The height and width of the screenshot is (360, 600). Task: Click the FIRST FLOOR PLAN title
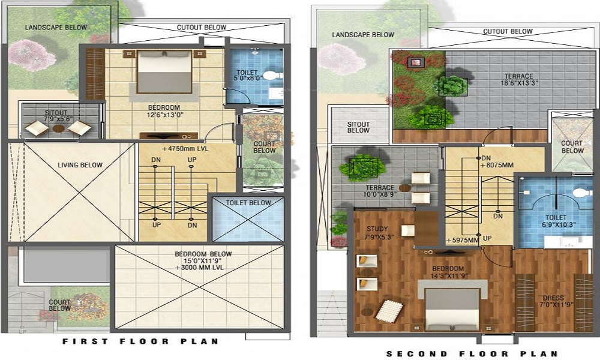(140, 341)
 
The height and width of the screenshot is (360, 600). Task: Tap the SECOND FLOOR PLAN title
(472, 353)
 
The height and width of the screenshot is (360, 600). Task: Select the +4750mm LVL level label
(185, 148)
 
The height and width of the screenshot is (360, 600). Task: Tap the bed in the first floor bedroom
(165, 72)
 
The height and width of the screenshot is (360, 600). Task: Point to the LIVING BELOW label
(80, 165)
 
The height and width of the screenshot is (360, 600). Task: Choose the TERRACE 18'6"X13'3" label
(518, 80)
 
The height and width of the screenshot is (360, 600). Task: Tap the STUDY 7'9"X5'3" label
(377, 233)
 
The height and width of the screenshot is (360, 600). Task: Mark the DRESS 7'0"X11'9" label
(553, 302)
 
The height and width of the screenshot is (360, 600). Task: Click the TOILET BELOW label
(248, 203)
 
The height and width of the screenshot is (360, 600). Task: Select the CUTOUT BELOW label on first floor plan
(201, 28)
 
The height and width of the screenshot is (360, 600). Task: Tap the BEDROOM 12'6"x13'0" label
(164, 110)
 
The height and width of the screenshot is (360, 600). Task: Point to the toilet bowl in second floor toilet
(578, 193)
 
